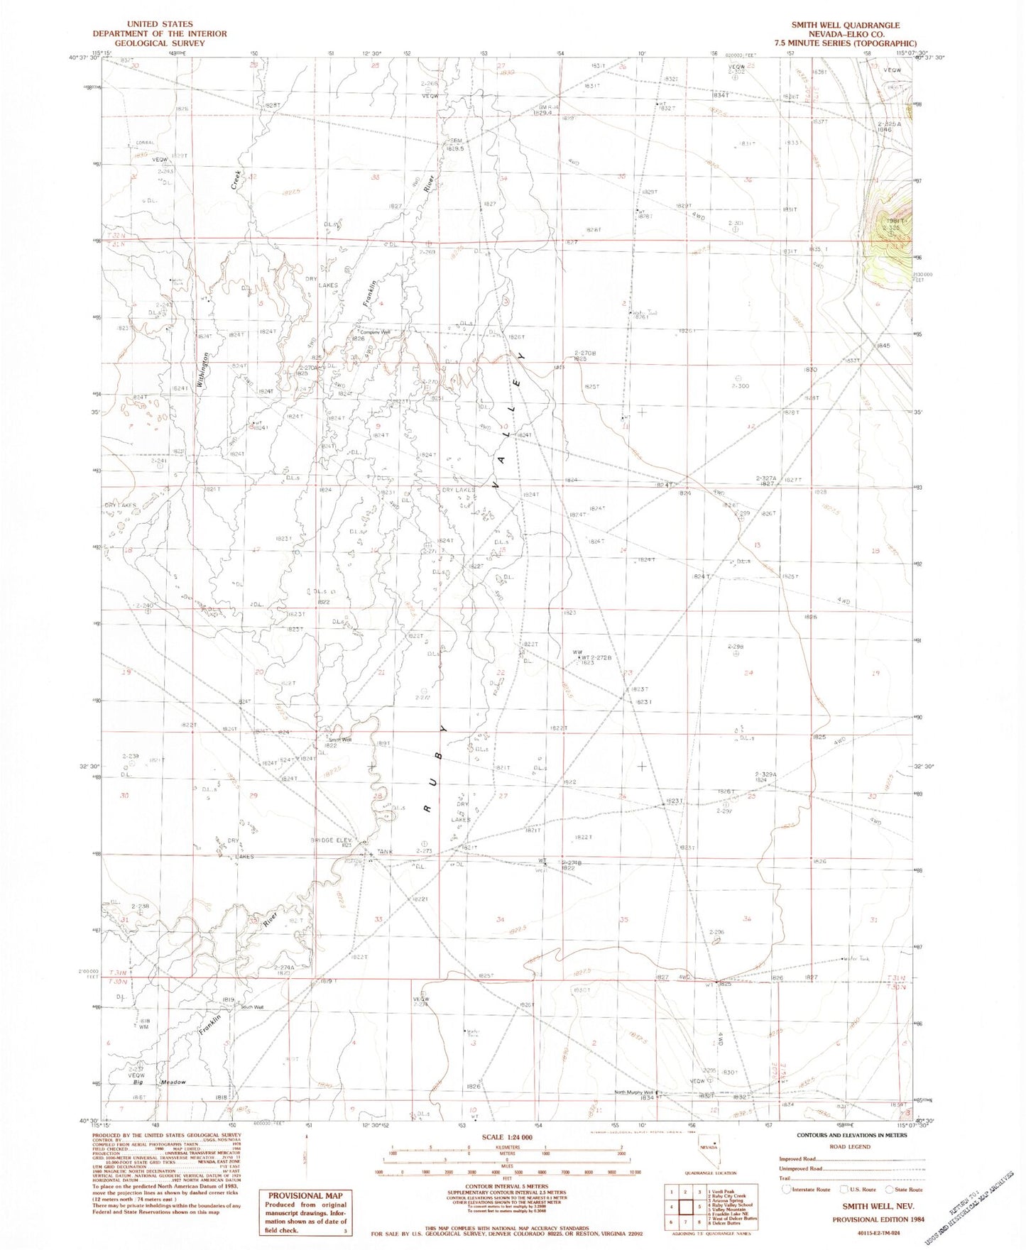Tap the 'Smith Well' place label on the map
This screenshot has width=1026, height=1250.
(339, 740)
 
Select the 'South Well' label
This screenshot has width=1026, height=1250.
(252, 1007)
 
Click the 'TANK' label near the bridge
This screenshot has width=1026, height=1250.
(385, 852)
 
